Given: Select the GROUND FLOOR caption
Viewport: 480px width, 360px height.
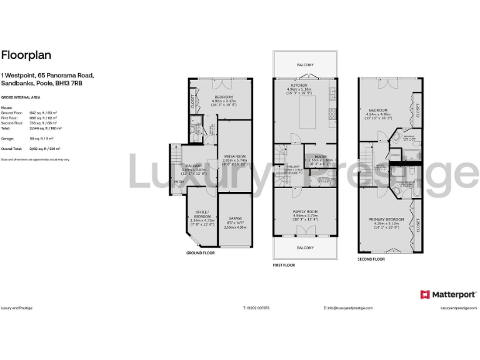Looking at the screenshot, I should (x=200, y=253).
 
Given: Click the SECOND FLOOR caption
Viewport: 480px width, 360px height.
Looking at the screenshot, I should (x=371, y=259).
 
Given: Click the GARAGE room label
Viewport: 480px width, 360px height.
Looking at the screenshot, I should (x=235, y=219).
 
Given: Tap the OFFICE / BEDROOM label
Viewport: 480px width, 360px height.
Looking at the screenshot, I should (x=202, y=213).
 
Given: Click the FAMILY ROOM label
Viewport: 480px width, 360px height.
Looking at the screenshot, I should (x=306, y=212).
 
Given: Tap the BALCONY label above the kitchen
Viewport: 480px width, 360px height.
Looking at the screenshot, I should (x=305, y=64).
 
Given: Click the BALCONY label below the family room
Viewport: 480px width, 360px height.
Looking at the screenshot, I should (x=305, y=248).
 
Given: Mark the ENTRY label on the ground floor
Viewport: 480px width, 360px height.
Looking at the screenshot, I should (x=179, y=182).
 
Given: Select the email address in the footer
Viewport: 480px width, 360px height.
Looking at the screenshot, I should (x=348, y=308).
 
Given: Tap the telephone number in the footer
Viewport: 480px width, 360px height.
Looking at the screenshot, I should (x=257, y=308).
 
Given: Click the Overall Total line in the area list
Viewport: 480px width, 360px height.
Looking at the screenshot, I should (x=29, y=149).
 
